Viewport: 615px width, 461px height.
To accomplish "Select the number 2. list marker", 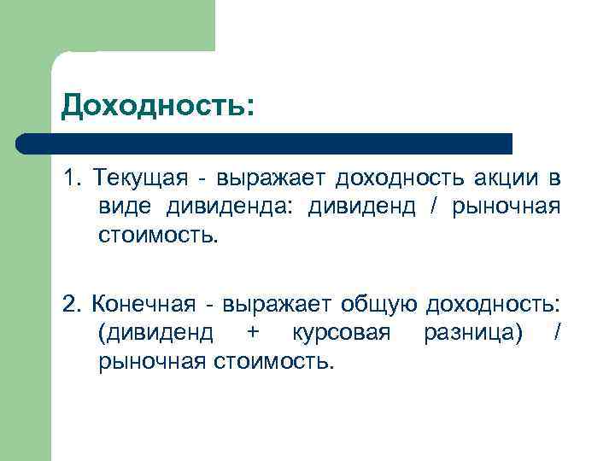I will [71, 303].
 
